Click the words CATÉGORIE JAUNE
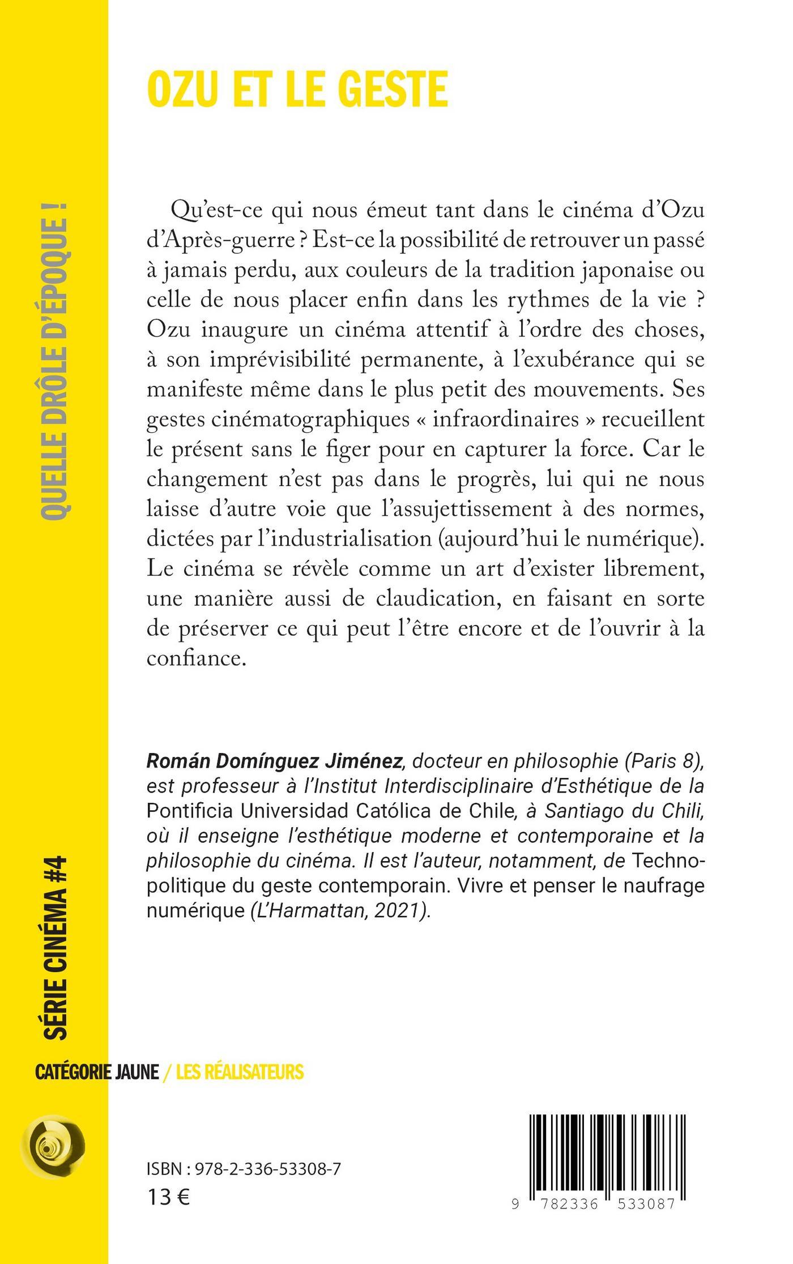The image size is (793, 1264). (x=97, y=1072)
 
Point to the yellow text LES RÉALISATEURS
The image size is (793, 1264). (x=240, y=1072)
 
